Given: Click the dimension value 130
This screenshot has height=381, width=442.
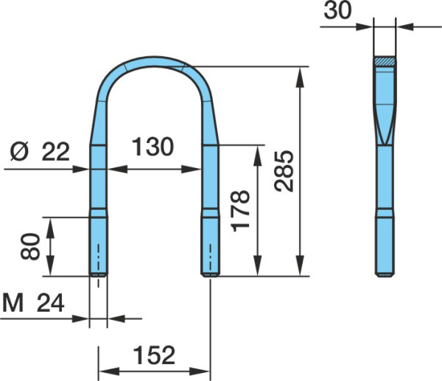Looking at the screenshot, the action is click(152, 147).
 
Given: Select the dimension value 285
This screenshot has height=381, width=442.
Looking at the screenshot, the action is click(284, 171).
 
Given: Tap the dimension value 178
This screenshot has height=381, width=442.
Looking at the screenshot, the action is click(240, 211).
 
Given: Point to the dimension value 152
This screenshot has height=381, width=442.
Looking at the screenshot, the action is click(154, 355).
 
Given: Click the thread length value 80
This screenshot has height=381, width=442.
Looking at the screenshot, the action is click(30, 246).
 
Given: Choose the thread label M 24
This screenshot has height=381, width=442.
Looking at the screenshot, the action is click(33, 304).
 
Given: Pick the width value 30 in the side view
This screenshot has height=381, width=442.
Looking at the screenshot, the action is click(337, 10).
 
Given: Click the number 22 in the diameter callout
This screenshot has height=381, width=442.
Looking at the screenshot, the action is click(55, 152).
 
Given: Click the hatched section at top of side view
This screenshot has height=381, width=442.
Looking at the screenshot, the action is click(385, 61).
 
